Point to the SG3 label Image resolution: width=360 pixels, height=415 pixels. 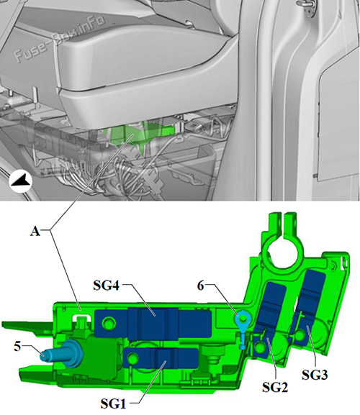[x=315, y=375]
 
